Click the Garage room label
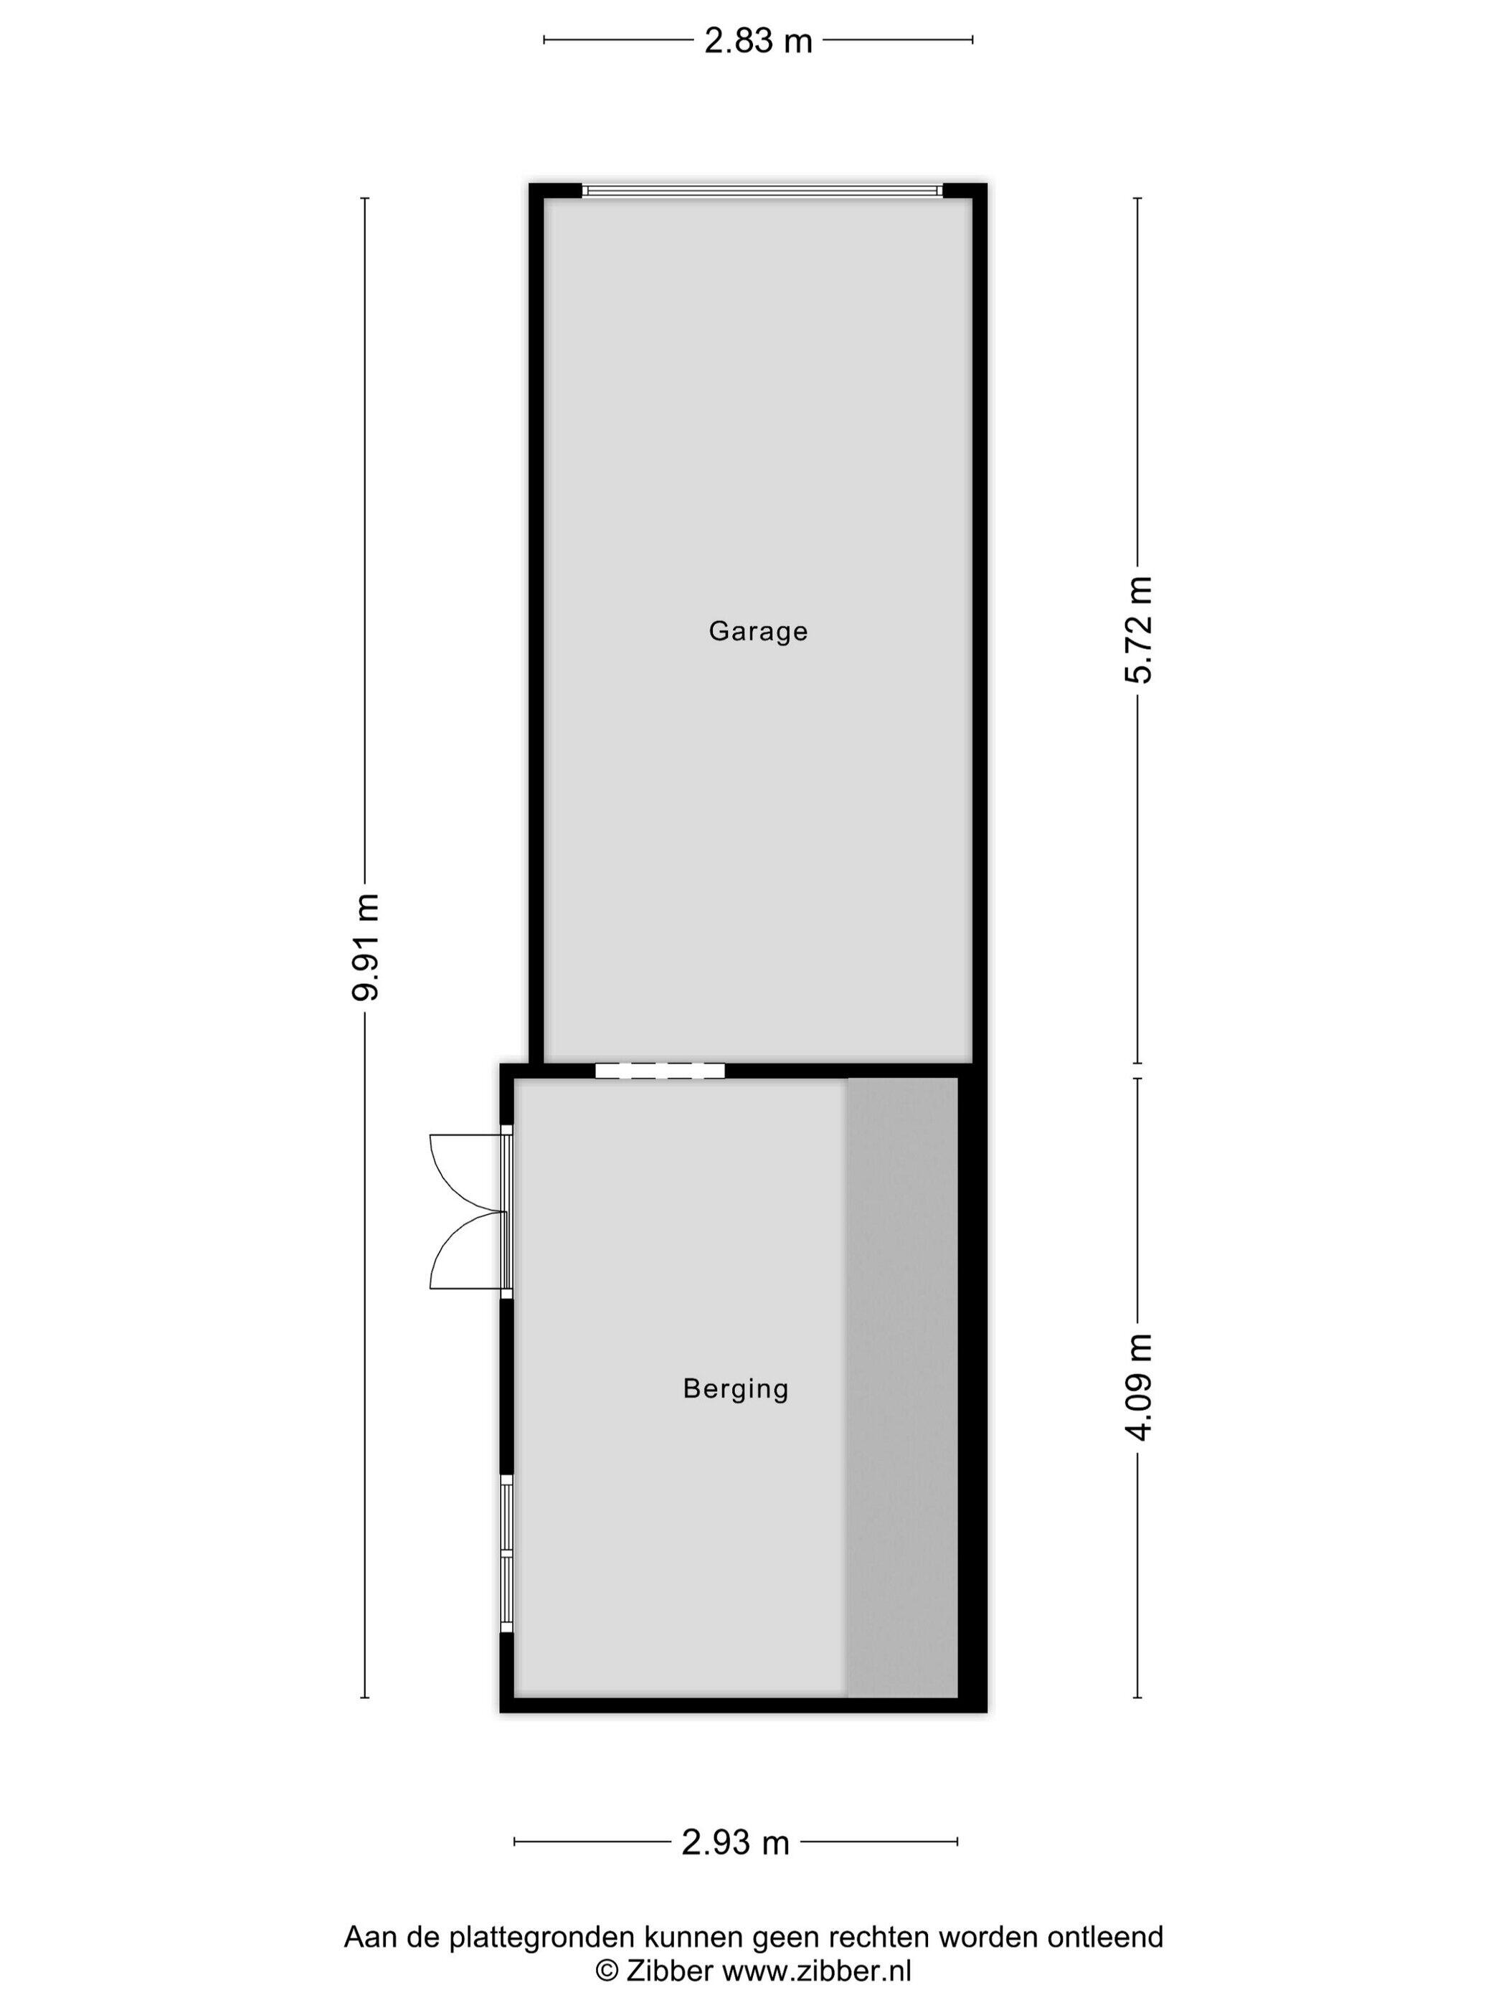click(758, 631)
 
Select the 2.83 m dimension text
click(758, 41)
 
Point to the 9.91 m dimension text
click(366, 947)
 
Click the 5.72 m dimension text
click(1137, 630)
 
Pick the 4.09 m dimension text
click(1137, 1387)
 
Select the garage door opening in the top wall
click(762, 191)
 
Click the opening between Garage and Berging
click(660, 1070)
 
